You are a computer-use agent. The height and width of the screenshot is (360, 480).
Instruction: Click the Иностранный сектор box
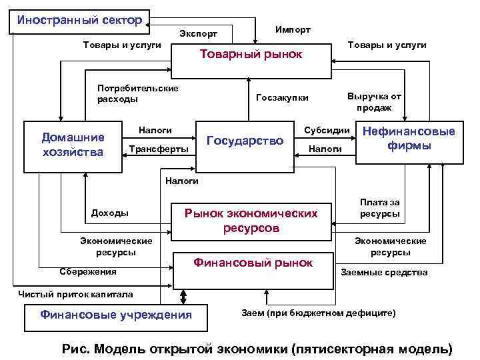[80, 20]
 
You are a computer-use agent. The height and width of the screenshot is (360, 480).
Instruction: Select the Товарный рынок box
[251, 54]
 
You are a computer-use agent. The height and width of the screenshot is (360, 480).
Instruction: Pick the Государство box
[245, 141]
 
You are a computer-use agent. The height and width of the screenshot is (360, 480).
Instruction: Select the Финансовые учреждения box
[116, 315]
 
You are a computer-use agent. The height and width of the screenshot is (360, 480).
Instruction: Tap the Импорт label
[293, 30]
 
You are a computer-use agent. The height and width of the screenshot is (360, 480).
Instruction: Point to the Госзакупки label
[283, 98]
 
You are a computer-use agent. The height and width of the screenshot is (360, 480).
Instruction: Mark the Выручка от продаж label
[374, 102]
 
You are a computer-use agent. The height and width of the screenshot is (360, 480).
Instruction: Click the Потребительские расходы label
[137, 94]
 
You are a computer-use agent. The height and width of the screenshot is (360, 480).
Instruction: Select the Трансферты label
[158, 148]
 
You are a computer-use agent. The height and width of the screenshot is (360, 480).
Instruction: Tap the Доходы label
[109, 213]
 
